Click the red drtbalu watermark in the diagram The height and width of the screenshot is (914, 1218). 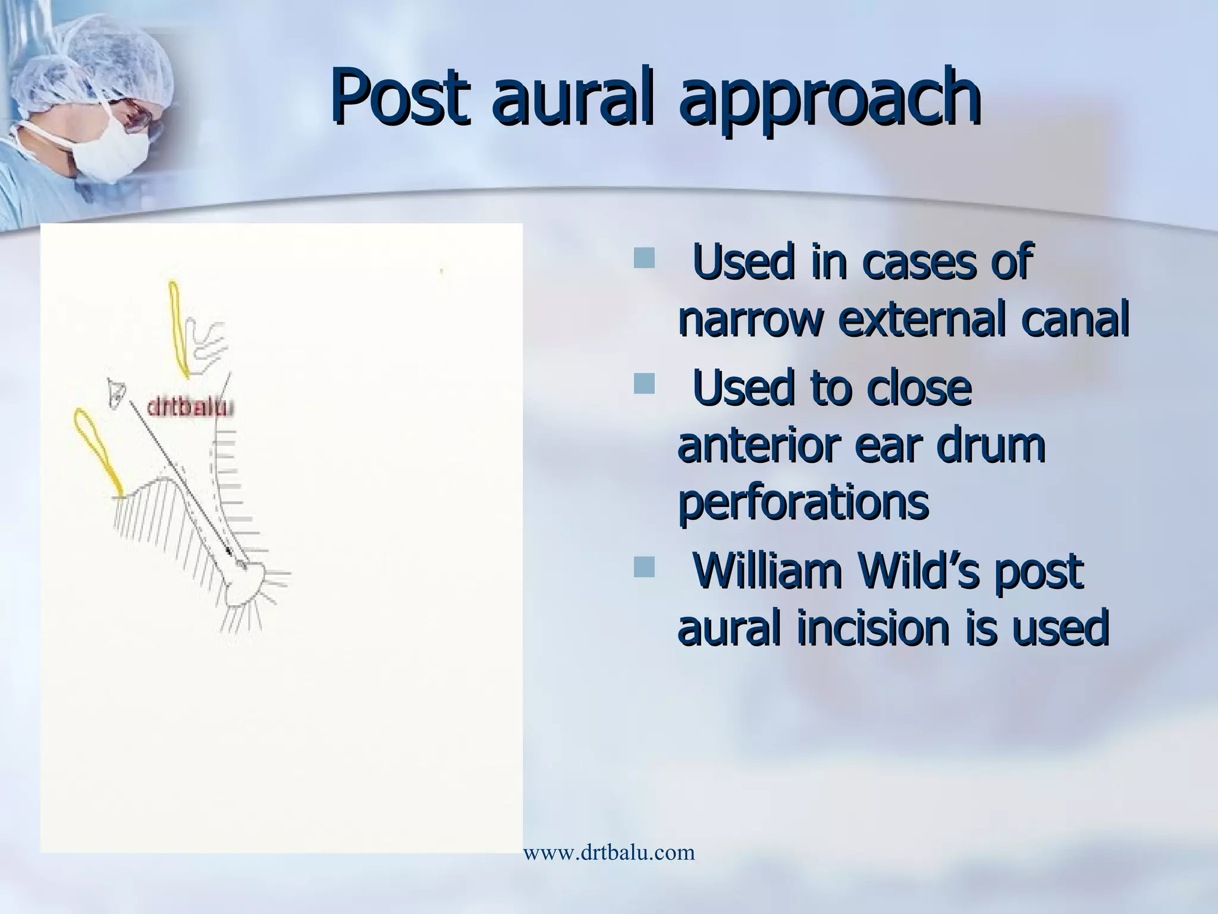pyautogui.click(x=190, y=408)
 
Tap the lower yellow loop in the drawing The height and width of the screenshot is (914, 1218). pyautogui.click(x=98, y=449)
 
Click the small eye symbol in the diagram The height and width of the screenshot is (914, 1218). pyautogui.click(x=117, y=392)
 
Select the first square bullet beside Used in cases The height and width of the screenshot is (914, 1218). pyautogui.click(x=643, y=259)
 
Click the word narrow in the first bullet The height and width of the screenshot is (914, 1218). pyautogui.click(x=751, y=322)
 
